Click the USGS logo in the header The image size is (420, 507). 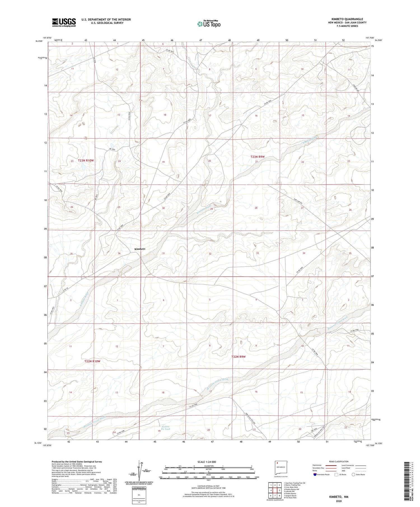[64, 22]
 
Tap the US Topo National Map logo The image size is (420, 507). [209, 24]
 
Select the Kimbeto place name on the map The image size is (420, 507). [140, 249]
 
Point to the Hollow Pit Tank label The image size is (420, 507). [165, 428]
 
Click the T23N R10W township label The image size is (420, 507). [86, 161]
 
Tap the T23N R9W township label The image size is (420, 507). [257, 157]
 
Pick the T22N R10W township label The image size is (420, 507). [92, 361]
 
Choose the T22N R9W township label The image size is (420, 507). [239, 357]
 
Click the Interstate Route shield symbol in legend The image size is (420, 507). [315, 475]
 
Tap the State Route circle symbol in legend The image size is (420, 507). [353, 475]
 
